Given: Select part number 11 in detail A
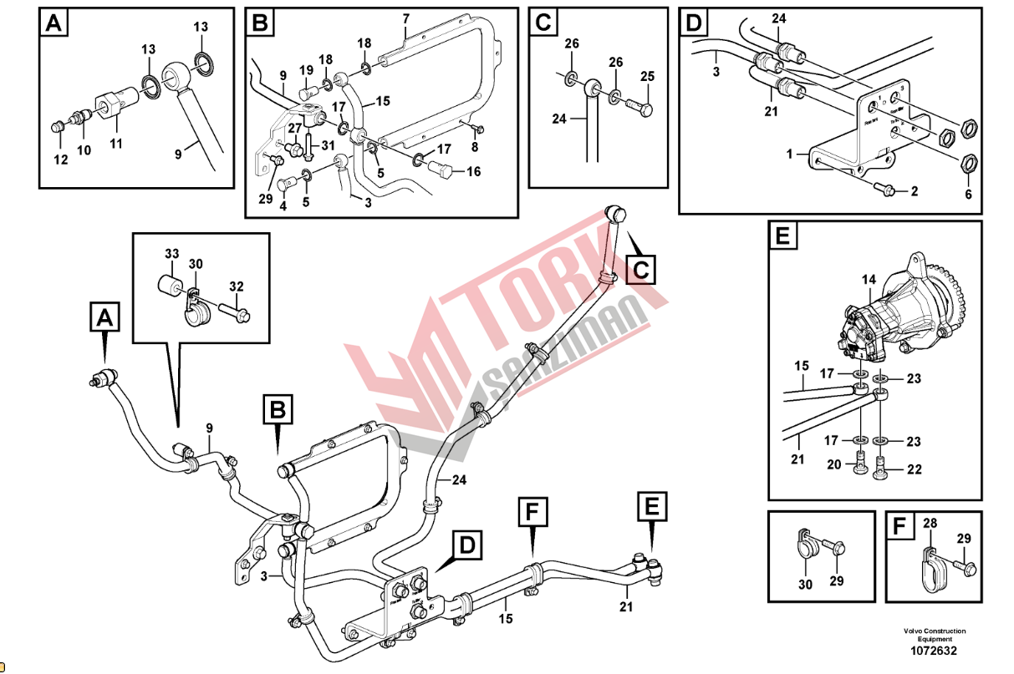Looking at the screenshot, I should (116, 143).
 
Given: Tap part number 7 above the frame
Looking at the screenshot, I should (405, 18).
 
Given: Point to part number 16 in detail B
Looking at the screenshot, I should (473, 172).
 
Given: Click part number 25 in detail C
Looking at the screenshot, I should (646, 77).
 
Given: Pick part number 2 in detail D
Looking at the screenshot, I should (914, 191).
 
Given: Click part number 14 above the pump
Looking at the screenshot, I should (870, 279).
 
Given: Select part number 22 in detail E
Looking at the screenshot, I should (914, 469).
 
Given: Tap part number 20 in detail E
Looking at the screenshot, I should (833, 464).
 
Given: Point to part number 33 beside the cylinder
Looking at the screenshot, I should (171, 253).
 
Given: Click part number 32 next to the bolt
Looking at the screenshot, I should (237, 286).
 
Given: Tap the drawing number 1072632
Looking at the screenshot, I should (934, 651).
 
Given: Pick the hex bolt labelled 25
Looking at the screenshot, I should (639, 109).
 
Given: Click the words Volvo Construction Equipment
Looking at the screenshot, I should (934, 635).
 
